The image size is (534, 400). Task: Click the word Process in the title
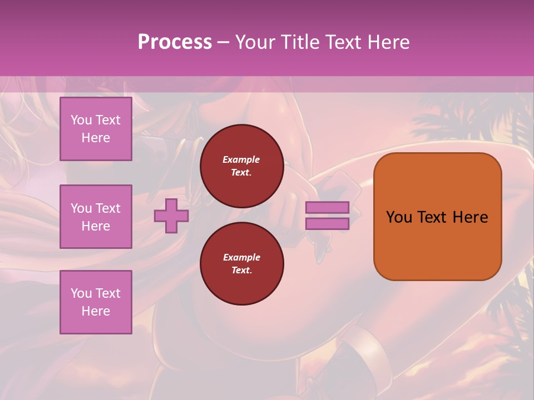[175, 42]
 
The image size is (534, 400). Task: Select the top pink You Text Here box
[96, 129]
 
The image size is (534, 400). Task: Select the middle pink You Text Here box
[96, 217]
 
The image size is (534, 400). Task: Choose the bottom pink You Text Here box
[96, 302]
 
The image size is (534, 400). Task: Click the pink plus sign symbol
[171, 216]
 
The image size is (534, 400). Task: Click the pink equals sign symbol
[327, 216]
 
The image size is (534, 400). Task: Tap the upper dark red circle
[241, 166]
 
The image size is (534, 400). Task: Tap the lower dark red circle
[241, 264]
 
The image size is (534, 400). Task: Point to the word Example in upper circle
[241, 159]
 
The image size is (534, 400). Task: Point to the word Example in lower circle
[241, 257]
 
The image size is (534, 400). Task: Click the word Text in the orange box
[432, 217]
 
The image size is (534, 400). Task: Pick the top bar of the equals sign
[327, 208]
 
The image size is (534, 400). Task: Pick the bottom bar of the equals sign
[327, 223]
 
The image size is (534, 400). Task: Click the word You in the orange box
[399, 217]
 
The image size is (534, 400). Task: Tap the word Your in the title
[255, 42]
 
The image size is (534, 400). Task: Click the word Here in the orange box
[470, 217]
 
